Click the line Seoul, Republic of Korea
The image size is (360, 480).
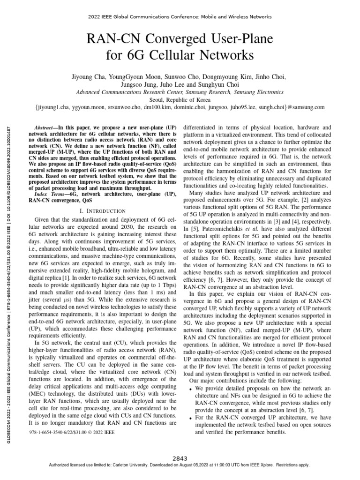tap(180, 99)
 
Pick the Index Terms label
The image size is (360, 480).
tap(49, 193)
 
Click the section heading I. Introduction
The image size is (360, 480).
tap(102, 211)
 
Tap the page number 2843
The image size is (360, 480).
tap(180, 458)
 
